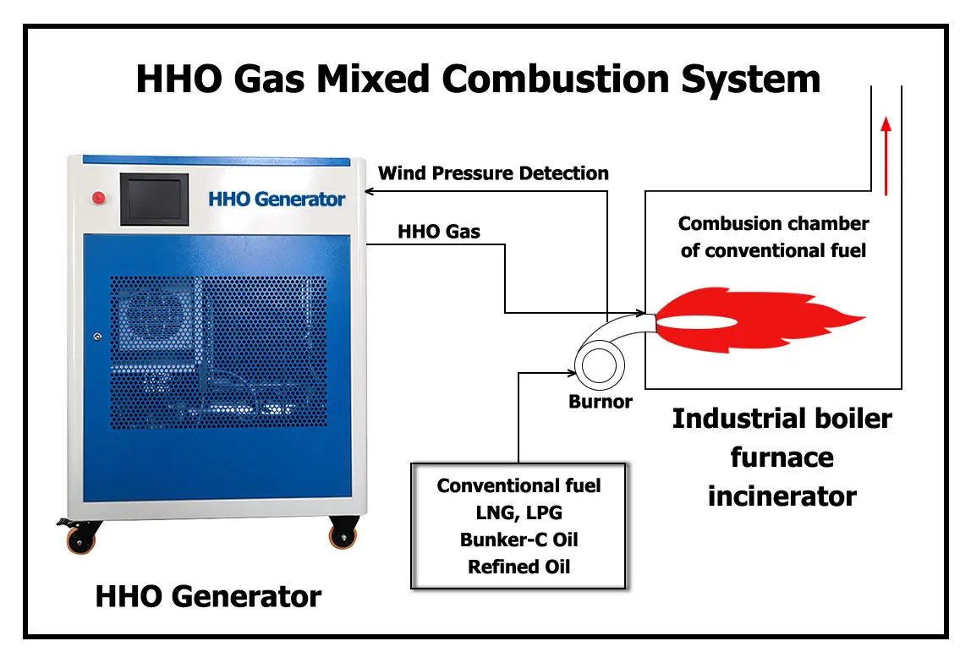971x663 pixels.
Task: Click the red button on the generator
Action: (98, 199)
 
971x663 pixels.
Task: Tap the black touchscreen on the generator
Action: (153, 200)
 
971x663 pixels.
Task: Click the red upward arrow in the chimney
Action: (886, 156)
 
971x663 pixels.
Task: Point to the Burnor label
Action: (600, 402)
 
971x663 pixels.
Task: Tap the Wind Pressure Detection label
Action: (493, 173)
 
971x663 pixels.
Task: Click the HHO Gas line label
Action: (438, 231)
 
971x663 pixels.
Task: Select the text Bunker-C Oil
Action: (518, 540)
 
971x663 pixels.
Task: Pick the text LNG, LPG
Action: (518, 512)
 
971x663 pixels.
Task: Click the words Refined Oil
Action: (518, 567)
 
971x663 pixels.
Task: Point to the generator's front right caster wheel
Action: (343, 534)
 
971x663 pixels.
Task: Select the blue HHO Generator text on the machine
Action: (277, 200)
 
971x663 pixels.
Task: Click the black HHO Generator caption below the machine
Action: (208, 596)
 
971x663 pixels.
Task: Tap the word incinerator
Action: (782, 496)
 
